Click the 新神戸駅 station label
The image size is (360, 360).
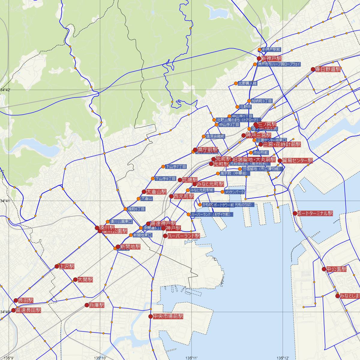pos(271,58)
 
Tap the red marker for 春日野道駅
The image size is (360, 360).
pos(313,69)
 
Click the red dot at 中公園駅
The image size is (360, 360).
pos(324,269)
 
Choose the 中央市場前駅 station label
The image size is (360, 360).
pos(168,316)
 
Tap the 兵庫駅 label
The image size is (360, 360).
pos(97,305)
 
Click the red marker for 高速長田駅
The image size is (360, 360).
pos(13,310)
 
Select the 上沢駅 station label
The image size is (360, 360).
pos(67,266)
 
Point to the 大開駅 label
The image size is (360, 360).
pos(85,280)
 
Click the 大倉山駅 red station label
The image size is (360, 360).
pos(156,192)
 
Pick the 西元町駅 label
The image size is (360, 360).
pos(184,196)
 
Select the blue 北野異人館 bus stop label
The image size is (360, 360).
pos(247,83)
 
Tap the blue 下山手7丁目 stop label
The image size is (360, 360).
pos(176,166)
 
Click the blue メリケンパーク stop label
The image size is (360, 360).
pos(235,192)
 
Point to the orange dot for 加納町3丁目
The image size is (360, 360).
pos(249,101)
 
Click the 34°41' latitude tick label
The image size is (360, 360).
pos(5,201)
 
